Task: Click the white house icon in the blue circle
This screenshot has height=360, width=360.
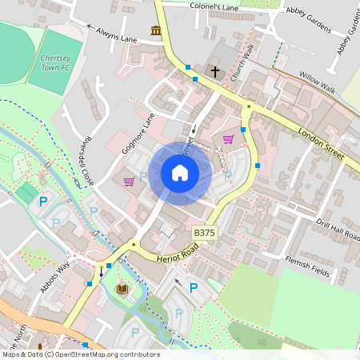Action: (x=180, y=173)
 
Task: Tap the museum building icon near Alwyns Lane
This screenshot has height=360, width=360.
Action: (x=155, y=31)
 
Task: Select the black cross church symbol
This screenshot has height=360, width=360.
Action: (x=214, y=72)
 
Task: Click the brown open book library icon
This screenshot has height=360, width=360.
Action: (x=122, y=288)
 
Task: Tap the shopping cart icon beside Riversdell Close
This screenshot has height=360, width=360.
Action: (x=129, y=182)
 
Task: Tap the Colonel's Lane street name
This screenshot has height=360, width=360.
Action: (x=214, y=6)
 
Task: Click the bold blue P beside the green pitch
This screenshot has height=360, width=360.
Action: (x=43, y=201)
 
